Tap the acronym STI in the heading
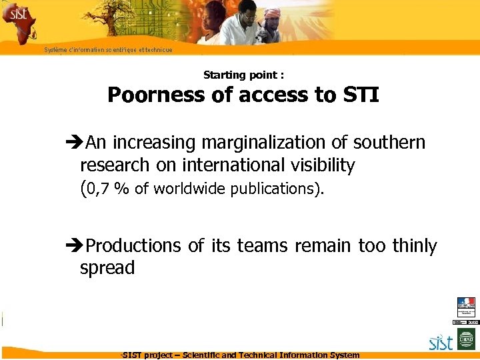(x=360, y=95)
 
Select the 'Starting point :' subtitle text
(x=243, y=75)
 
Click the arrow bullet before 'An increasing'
(x=72, y=143)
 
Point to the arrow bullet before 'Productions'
(x=72, y=247)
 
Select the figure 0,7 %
(x=108, y=189)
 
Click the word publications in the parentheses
(x=271, y=189)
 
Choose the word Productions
(x=134, y=246)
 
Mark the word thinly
(x=415, y=246)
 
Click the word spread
(x=107, y=268)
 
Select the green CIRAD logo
(x=465, y=342)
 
